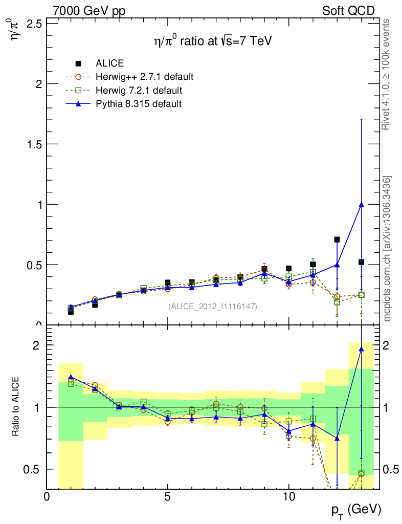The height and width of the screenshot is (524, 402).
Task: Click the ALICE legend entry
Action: pos(109,63)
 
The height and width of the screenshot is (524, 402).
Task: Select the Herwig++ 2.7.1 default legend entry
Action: pos(144,77)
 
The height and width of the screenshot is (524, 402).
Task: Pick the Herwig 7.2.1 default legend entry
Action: pos(139,90)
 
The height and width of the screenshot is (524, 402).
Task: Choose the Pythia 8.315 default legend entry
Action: pos(138,103)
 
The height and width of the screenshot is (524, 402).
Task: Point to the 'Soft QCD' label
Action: pos(348,11)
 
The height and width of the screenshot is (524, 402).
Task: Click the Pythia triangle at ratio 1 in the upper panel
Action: pos(361,205)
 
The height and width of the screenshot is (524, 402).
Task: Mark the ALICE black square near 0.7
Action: pos(337,239)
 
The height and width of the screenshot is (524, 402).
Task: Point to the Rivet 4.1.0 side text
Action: pos(387,74)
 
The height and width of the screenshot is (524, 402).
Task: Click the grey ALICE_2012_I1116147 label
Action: pos(212,306)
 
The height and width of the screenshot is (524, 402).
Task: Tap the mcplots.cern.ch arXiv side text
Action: pos(387,248)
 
